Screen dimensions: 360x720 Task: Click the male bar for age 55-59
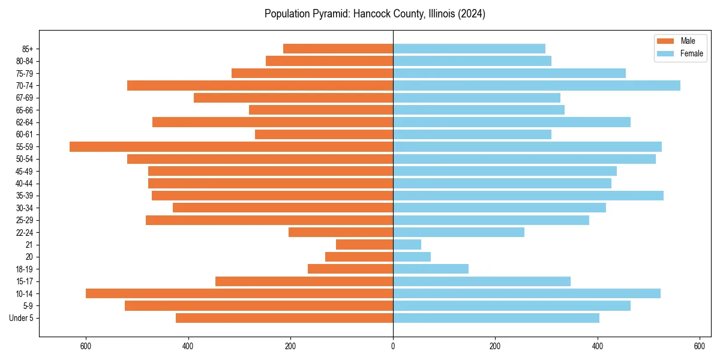coord(231,146)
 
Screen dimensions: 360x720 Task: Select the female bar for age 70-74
coord(536,85)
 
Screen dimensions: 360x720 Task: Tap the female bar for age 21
coord(407,244)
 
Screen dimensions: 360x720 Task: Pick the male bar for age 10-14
coord(239,293)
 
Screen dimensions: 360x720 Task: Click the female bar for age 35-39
coord(528,196)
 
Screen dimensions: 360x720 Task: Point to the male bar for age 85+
coord(338,49)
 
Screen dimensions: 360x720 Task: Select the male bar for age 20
coord(359,257)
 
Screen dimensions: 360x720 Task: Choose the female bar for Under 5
coord(496,318)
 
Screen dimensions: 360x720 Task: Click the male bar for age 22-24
coord(340,232)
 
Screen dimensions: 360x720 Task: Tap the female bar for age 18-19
coord(430,269)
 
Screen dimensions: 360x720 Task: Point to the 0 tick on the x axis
coord(393,346)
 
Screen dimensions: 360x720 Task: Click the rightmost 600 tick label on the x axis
coord(700,346)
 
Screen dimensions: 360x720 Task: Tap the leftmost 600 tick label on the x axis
coord(86,346)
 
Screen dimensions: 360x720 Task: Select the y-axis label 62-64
coord(25,122)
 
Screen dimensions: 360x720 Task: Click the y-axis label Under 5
coord(22,318)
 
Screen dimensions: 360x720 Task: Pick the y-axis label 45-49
coord(25,171)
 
